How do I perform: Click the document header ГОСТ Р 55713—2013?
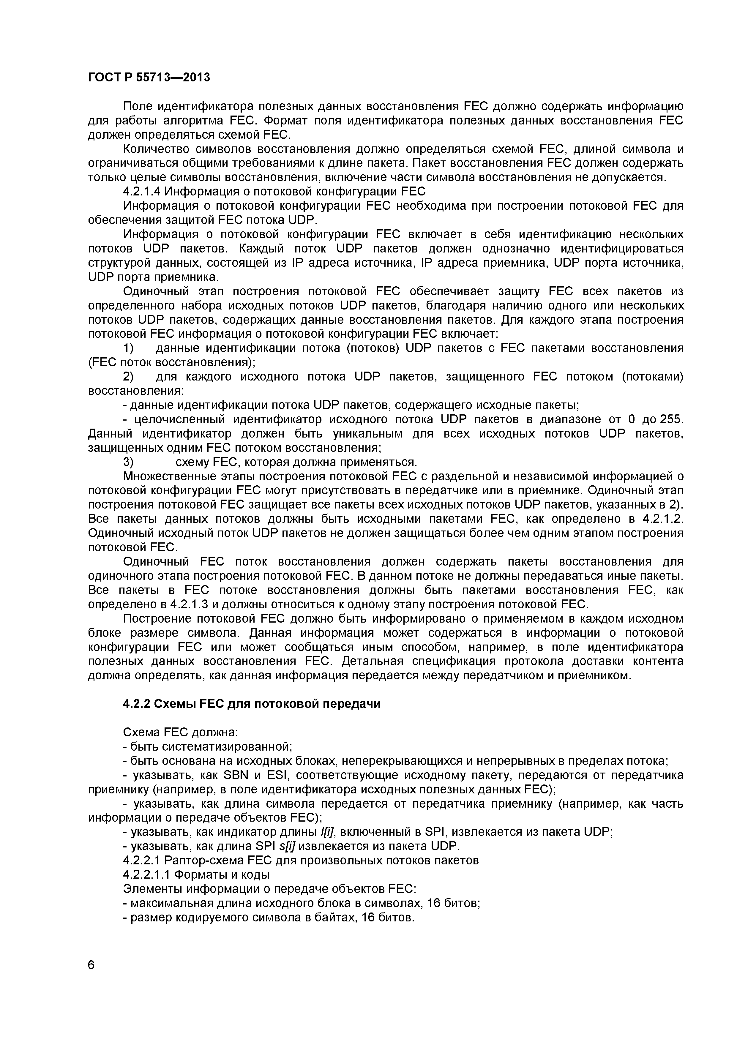(x=149, y=78)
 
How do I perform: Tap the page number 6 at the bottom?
(x=91, y=978)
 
